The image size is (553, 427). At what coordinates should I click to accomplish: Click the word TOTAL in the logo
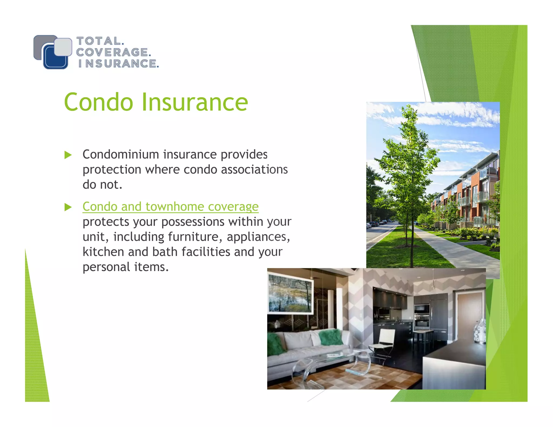(99, 41)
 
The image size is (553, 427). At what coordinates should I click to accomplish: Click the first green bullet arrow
(68, 155)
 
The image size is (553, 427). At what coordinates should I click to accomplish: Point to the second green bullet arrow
(68, 207)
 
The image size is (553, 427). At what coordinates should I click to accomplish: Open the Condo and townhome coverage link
(170, 207)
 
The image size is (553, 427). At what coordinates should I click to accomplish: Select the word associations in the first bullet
(254, 170)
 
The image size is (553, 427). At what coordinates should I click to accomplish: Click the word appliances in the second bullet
(258, 237)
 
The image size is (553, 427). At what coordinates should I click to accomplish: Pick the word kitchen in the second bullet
(103, 252)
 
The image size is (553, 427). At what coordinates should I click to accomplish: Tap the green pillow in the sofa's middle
(331, 337)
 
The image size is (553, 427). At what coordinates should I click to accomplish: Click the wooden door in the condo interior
(469, 316)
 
